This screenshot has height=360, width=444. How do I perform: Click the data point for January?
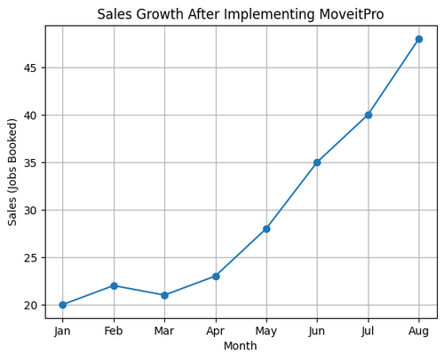[x=62, y=305]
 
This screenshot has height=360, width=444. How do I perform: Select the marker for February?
[x=114, y=285]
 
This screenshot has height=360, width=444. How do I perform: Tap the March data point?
[x=164, y=295]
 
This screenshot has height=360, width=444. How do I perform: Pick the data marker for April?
[x=216, y=276]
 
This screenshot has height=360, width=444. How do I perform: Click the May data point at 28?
[x=266, y=228]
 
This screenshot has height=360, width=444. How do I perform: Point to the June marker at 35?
[x=317, y=163]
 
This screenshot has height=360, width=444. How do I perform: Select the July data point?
[x=369, y=115]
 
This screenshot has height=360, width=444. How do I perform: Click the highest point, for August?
[x=419, y=39]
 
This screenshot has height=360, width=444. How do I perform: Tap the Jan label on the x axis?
[x=62, y=331]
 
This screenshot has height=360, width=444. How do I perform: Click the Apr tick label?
[x=216, y=331]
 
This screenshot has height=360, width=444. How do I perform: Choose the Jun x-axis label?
[x=317, y=331]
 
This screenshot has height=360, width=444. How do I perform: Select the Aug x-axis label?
[x=419, y=331]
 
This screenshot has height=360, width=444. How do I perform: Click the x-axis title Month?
[x=241, y=346]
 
